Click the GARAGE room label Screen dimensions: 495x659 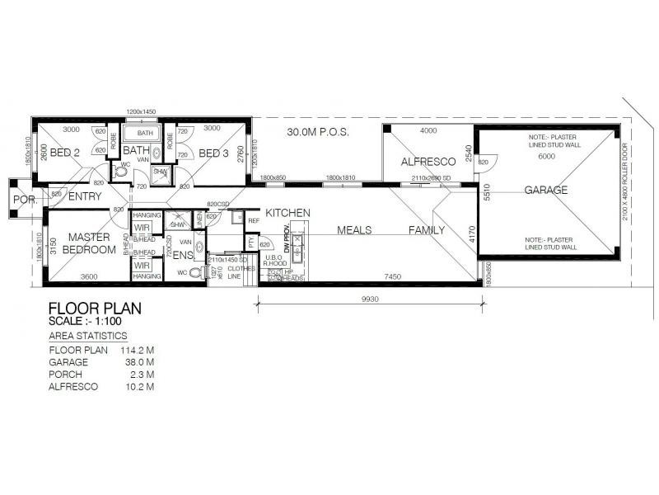tap(546, 191)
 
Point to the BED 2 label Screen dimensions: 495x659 tap(64, 153)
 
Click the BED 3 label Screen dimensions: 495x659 tap(213, 153)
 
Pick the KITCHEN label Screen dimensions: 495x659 tap(287, 213)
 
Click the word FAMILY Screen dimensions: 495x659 tap(427, 231)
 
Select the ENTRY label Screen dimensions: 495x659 tap(85, 196)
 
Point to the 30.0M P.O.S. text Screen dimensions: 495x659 tap(318, 132)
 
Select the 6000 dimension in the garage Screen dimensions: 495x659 tap(546, 157)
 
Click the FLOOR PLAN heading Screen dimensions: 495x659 tap(96, 308)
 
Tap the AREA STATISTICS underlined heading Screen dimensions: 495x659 tap(88, 336)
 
